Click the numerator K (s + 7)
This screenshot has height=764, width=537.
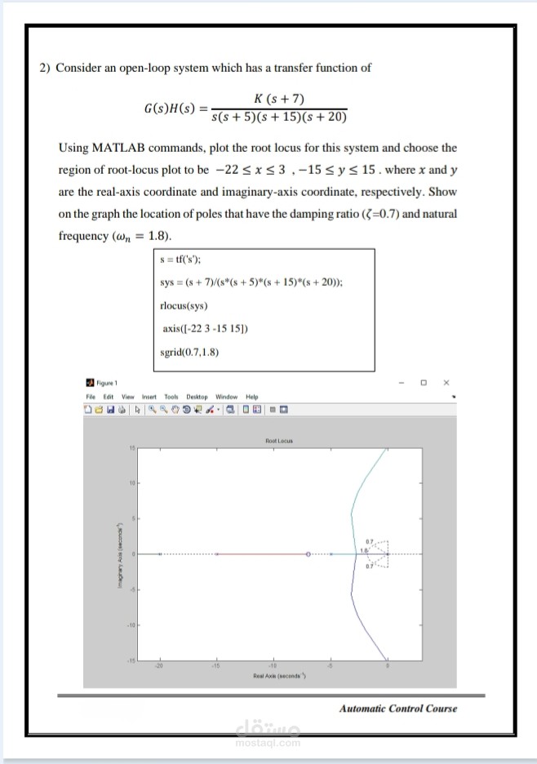tap(280, 100)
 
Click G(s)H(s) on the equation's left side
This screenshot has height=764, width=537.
tap(170, 109)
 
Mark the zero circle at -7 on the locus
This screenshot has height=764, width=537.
tap(308, 553)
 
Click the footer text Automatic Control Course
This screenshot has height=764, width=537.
tap(398, 708)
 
